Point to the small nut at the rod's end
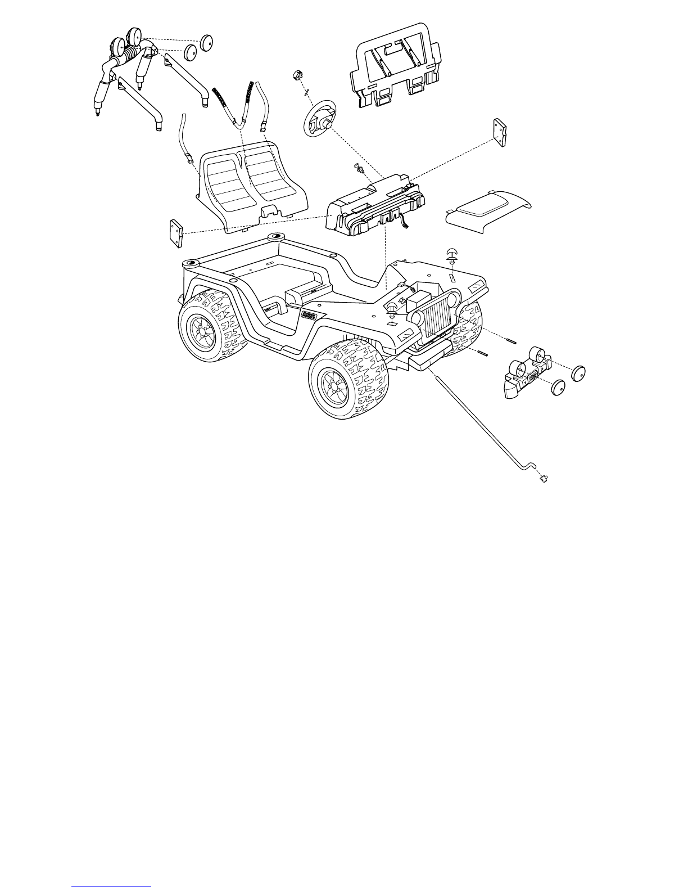click(544, 479)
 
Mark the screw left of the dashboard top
click(357, 167)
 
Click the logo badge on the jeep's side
click(309, 315)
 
